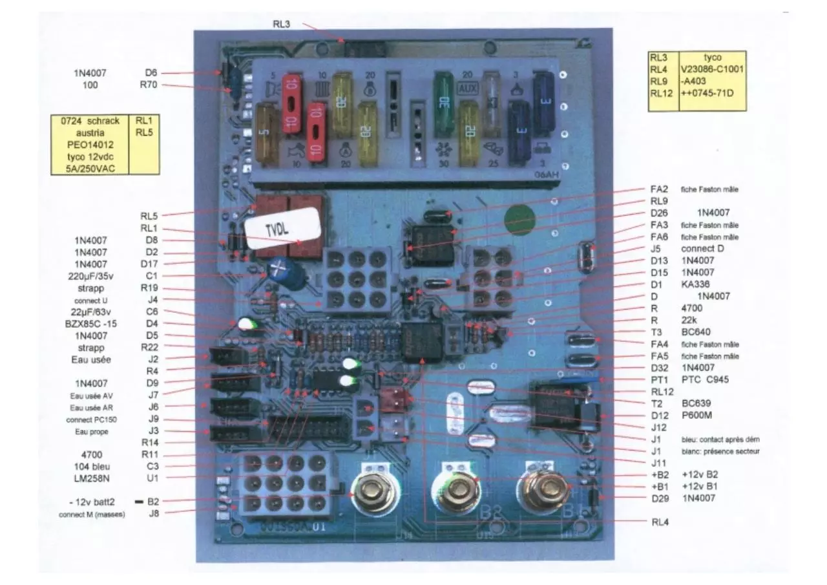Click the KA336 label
pyautogui.click(x=695, y=284)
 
